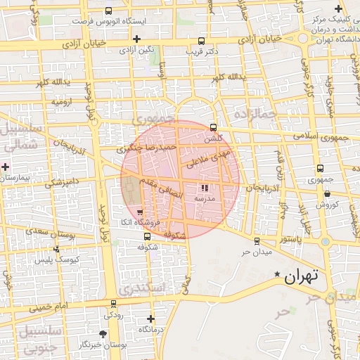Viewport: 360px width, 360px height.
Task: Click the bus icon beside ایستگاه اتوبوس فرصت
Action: [x=108, y=11]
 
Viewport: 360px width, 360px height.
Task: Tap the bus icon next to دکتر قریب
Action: [x=202, y=41]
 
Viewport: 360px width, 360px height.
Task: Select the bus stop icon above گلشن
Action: [x=214, y=127]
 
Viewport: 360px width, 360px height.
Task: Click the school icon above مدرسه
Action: [x=205, y=188]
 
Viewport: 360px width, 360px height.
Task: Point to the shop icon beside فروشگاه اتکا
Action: [x=140, y=212]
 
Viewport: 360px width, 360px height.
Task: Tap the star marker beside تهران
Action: [x=278, y=274]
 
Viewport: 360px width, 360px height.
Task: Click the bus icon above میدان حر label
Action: [x=257, y=241]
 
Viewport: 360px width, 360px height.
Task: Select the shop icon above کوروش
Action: [x=328, y=194]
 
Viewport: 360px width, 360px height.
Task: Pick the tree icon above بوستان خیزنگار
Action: [x=104, y=334]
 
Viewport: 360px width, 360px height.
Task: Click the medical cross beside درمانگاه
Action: [x=150, y=319]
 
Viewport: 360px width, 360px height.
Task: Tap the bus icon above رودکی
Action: [x=113, y=304]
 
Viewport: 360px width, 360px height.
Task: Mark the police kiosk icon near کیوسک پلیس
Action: [x=56, y=249]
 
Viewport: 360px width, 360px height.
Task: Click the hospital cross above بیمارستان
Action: [x=6, y=167]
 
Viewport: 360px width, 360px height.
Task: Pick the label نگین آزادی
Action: [x=136, y=50]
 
